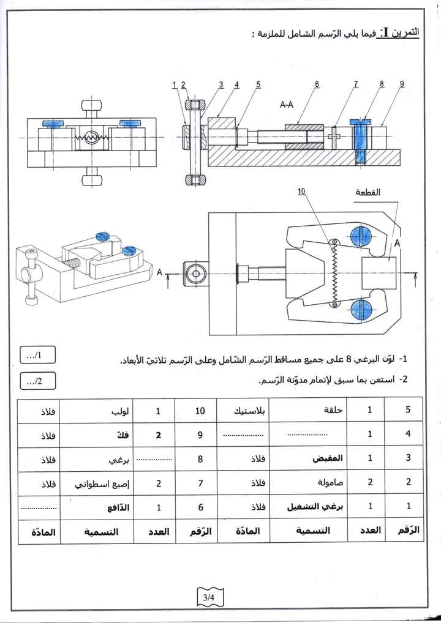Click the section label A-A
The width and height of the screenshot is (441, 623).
pos(287,105)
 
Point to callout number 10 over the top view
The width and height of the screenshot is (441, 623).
pos(301,191)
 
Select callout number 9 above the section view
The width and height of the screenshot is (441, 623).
pos(402,84)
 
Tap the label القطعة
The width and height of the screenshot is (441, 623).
pos(367,192)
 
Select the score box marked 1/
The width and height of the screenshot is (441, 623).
pos(38,355)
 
